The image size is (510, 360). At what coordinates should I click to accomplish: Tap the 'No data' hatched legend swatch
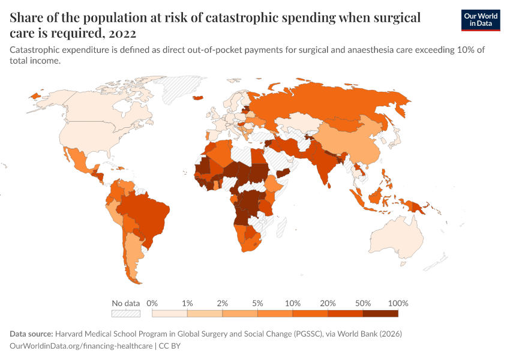coord(125,313)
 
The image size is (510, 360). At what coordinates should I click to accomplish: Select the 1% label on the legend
coord(187,303)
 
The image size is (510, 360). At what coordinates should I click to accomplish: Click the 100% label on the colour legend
coord(398,303)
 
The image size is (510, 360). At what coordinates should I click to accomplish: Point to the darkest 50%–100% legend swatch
coord(380,313)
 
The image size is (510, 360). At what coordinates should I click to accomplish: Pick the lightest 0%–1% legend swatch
coord(170,313)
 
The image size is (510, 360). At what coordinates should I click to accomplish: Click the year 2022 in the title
coord(120,32)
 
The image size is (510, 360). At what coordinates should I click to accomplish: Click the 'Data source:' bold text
coord(31,334)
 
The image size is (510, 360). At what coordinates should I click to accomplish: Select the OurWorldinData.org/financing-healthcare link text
coord(81,346)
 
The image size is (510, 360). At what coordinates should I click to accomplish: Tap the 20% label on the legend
coord(328,303)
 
